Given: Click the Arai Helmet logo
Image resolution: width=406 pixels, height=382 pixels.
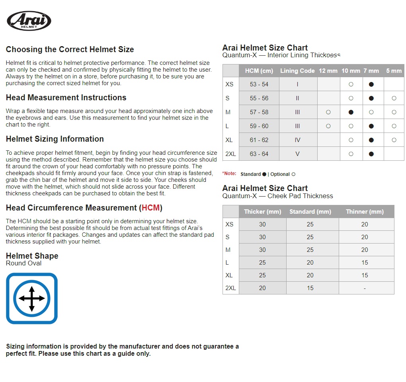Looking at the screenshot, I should [29, 21].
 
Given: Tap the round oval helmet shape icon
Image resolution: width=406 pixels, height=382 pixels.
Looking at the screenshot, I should [32, 298].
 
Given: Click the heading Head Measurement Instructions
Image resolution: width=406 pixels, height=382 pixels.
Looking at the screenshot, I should [66, 98].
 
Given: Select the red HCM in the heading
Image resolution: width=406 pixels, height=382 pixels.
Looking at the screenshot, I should [150, 208].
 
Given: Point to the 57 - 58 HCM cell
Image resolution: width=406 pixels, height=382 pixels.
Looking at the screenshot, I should [259, 112].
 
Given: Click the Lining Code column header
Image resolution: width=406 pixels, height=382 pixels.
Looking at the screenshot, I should [297, 71].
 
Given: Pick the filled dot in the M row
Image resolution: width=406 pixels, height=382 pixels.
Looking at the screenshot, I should [351, 112].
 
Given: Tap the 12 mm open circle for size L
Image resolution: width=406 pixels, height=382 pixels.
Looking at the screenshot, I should [328, 126].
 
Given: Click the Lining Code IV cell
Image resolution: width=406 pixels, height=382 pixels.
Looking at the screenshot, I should [298, 140].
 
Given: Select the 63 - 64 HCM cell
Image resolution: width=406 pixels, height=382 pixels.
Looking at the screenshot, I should [259, 154].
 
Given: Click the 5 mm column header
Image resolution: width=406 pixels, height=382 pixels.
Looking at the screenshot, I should [394, 71].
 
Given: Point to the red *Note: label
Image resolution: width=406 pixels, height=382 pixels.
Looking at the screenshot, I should [229, 174].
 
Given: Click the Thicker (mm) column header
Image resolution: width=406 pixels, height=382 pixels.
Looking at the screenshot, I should [262, 212].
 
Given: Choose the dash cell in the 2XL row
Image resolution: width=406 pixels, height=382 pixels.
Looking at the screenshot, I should [365, 288].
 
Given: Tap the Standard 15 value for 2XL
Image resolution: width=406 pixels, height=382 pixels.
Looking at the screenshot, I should [310, 288].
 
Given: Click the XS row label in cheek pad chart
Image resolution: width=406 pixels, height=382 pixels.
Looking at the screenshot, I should [230, 224].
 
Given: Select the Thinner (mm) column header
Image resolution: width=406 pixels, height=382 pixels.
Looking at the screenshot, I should [365, 212].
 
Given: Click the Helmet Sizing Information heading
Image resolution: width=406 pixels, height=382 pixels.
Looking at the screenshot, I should [55, 139].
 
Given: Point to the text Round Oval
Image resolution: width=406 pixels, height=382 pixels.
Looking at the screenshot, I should [23, 263].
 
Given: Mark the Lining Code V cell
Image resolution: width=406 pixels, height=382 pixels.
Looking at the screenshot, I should [298, 154].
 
